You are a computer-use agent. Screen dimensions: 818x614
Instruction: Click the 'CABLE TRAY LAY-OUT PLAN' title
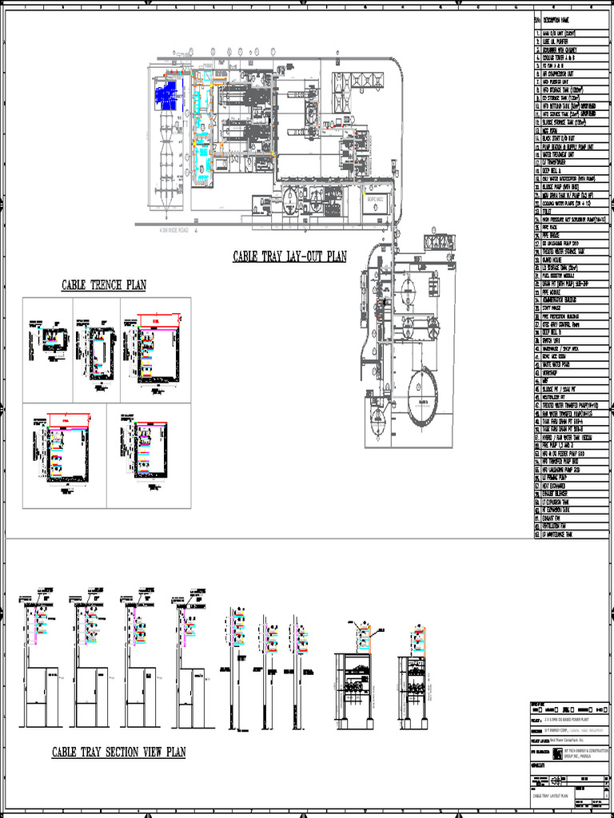tap(289, 256)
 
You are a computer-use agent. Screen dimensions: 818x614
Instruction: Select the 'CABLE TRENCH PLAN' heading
tap(104, 285)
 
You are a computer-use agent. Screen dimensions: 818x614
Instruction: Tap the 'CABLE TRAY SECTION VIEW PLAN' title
tap(118, 752)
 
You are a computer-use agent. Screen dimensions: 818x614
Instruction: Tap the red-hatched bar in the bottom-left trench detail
tap(71, 419)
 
